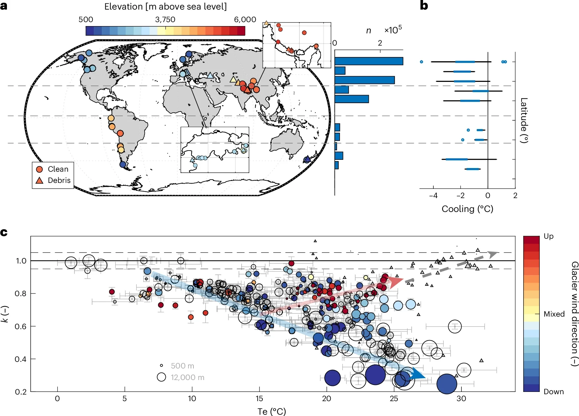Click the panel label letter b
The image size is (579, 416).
pos(424,6)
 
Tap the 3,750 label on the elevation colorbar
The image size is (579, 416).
pos(165,19)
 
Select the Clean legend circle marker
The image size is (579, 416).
pos(40,169)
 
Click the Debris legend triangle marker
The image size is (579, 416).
pos(40,181)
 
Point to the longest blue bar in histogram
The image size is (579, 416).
pos(368,61)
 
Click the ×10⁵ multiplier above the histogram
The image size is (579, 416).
pos(393,30)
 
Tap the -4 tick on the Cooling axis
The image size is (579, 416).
pos(433,196)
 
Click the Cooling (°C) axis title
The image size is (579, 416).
pos(467,209)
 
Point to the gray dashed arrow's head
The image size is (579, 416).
pos(493,254)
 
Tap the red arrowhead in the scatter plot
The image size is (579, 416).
pos(396,282)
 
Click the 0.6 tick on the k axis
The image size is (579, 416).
pos(20,327)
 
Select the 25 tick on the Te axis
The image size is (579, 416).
pos(394,399)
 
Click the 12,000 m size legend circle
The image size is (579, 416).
pos(161,377)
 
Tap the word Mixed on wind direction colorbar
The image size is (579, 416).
pos(554,314)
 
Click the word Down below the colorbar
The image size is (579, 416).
pos(554,392)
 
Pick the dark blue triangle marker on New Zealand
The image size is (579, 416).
pos(307,159)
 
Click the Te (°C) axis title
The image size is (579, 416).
pos(271,411)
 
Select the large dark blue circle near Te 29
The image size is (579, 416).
pos(447,384)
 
